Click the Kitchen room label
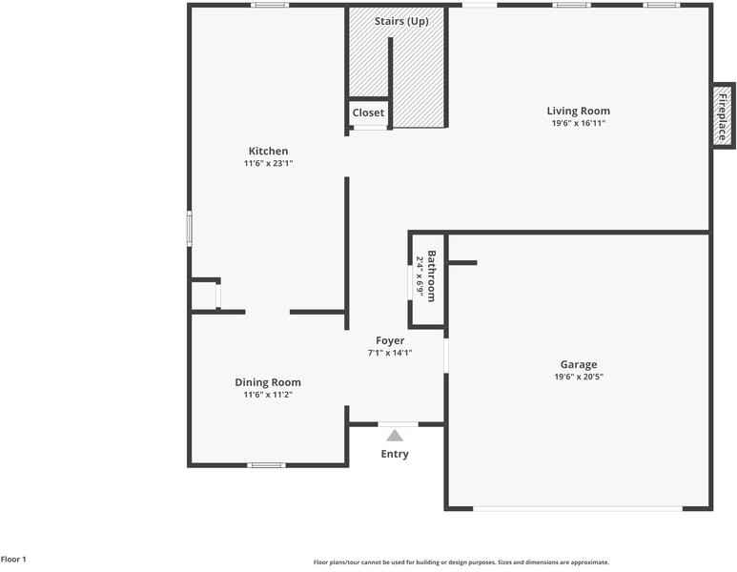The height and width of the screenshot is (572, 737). (x=268, y=151)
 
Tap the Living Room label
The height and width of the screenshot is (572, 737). (x=578, y=111)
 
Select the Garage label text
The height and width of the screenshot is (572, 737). (x=578, y=364)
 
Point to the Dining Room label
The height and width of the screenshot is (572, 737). (x=268, y=382)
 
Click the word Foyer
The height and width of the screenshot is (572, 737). (x=390, y=340)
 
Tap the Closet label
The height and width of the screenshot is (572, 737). (x=368, y=112)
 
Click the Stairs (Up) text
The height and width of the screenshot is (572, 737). (x=401, y=21)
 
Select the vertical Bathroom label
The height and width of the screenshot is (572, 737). (x=431, y=276)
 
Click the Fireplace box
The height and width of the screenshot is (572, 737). (x=722, y=117)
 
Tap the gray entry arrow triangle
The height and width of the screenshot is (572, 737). (x=395, y=435)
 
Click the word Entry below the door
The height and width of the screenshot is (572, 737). (x=395, y=454)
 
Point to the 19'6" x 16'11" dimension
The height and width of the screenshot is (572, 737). (x=578, y=123)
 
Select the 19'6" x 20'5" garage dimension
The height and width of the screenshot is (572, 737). (x=578, y=377)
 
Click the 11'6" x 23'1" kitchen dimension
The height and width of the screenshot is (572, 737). (x=268, y=163)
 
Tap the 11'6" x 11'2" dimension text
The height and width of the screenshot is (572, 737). (x=268, y=394)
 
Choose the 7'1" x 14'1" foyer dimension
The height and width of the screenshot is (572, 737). (x=390, y=353)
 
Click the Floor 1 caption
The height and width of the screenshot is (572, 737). (x=13, y=560)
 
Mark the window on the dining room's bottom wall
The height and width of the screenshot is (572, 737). (x=267, y=465)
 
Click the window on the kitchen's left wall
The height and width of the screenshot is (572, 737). (x=189, y=229)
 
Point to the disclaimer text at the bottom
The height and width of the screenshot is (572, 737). (x=461, y=562)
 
